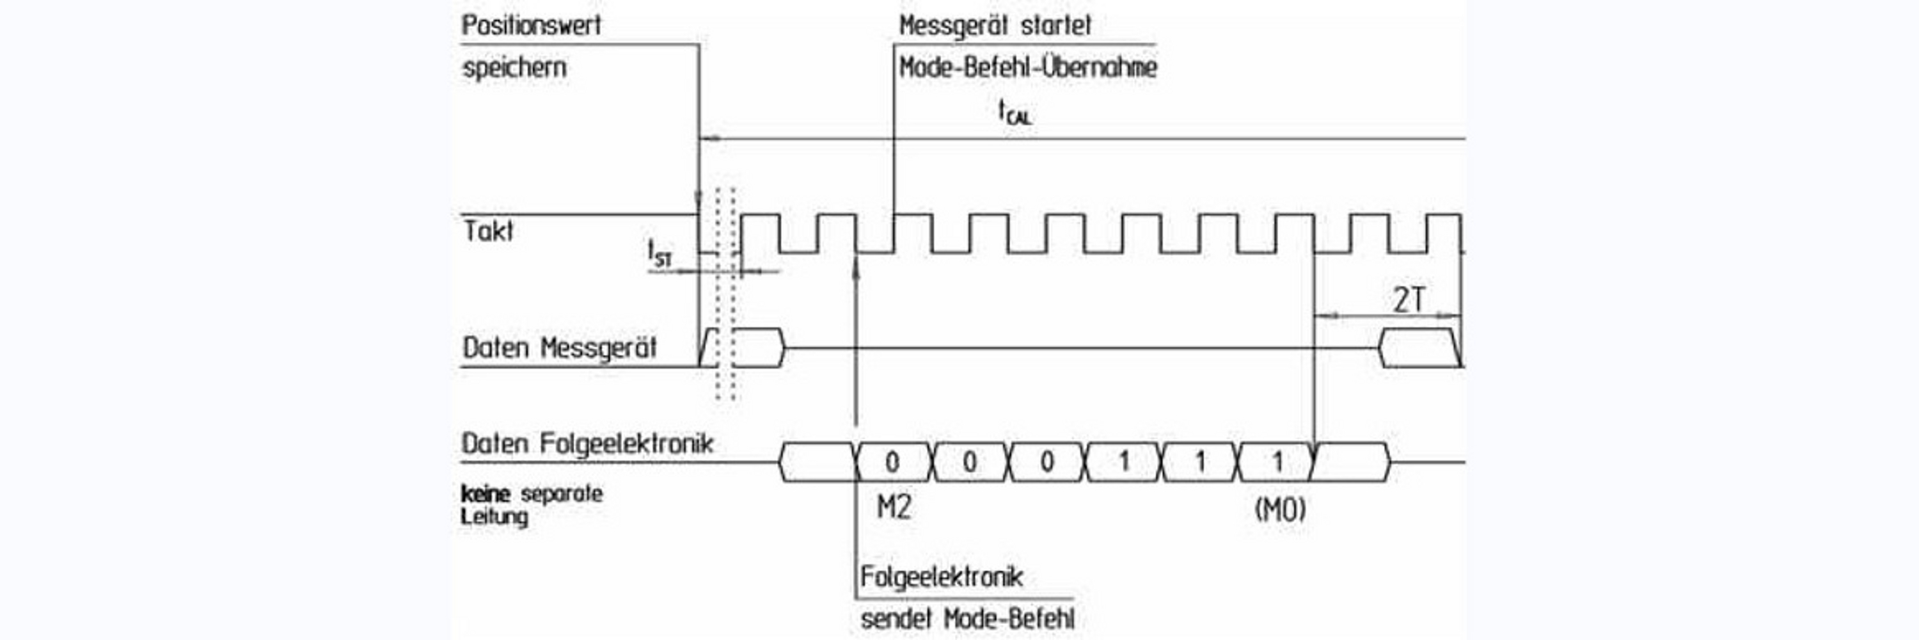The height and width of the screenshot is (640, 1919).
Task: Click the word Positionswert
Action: pos(531,26)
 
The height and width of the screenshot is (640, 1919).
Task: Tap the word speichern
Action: pos(514,68)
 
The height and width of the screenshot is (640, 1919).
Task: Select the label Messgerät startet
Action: pos(995,26)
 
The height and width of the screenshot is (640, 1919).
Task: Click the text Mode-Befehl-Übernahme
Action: pos(1027,68)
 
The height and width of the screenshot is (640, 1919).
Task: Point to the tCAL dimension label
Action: pos(1015,113)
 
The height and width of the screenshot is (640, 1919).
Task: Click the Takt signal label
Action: pos(489,232)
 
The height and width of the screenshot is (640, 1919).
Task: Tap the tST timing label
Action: pos(660,253)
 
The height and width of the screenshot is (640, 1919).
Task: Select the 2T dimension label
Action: pos(1409,300)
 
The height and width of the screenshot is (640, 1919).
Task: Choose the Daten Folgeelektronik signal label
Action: pos(587,444)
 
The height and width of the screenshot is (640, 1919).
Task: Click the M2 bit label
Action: pos(893,508)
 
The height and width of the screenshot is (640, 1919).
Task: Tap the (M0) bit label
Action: pos(1280,509)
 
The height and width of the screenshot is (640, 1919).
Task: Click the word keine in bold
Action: pos(485,494)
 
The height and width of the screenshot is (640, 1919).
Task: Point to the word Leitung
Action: pos(494,516)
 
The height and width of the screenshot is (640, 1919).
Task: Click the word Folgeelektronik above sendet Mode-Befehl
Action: pos(942,577)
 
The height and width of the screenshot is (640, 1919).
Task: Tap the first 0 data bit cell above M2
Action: pos(892,463)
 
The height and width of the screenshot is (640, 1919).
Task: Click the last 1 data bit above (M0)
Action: pos(1277,463)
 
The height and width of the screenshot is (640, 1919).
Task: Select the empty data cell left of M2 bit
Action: pos(816,463)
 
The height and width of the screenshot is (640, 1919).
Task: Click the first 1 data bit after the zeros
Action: pos(1124,463)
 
